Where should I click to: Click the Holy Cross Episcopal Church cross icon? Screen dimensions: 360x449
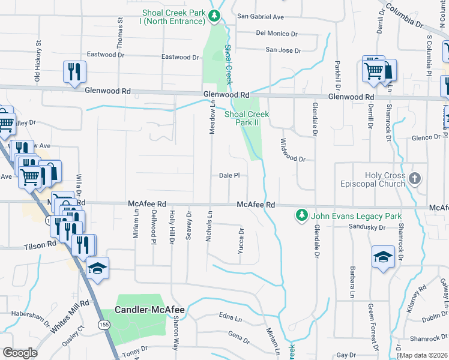click(x=415, y=179)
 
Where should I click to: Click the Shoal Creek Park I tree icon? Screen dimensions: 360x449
click(x=214, y=16)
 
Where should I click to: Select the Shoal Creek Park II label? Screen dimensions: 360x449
click(x=246, y=118)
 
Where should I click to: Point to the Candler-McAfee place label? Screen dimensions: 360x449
click(x=149, y=310)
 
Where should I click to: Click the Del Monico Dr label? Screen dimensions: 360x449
click(x=277, y=34)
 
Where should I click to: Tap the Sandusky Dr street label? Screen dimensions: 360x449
click(x=367, y=227)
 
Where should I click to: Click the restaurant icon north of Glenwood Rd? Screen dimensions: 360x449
click(x=74, y=73)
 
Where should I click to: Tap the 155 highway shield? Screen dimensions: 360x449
click(x=105, y=324)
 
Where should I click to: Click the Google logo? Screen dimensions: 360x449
click(x=20, y=353)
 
